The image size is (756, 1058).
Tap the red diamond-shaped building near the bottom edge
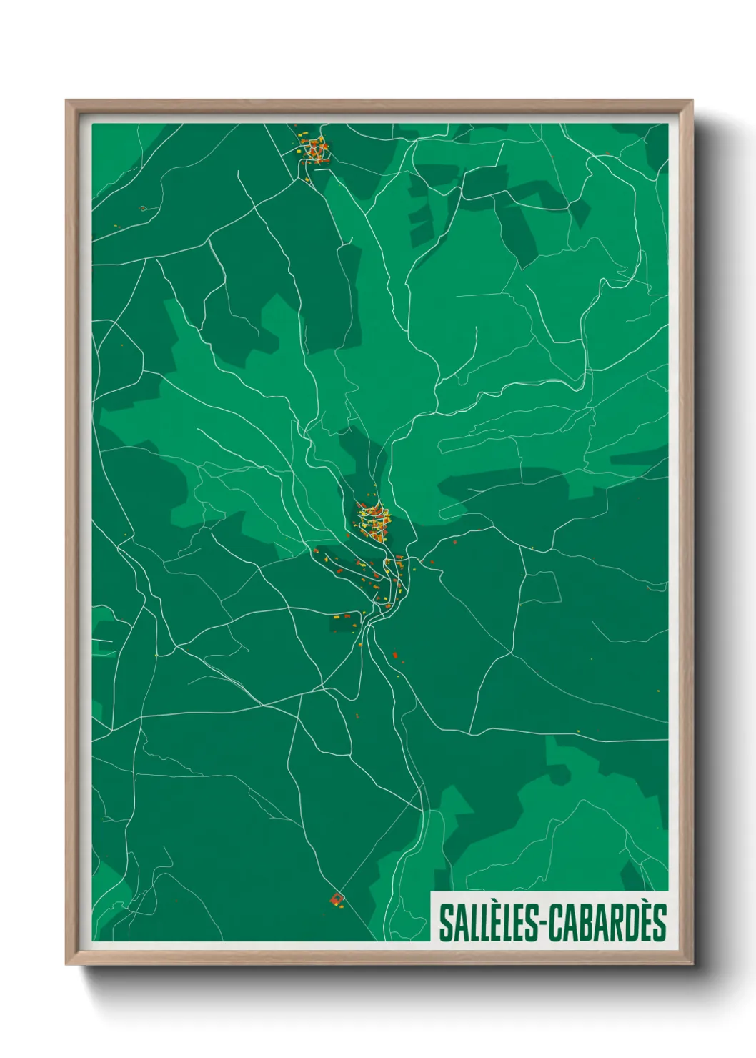pos(336,899)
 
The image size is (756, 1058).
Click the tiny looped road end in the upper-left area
pos(144,209)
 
